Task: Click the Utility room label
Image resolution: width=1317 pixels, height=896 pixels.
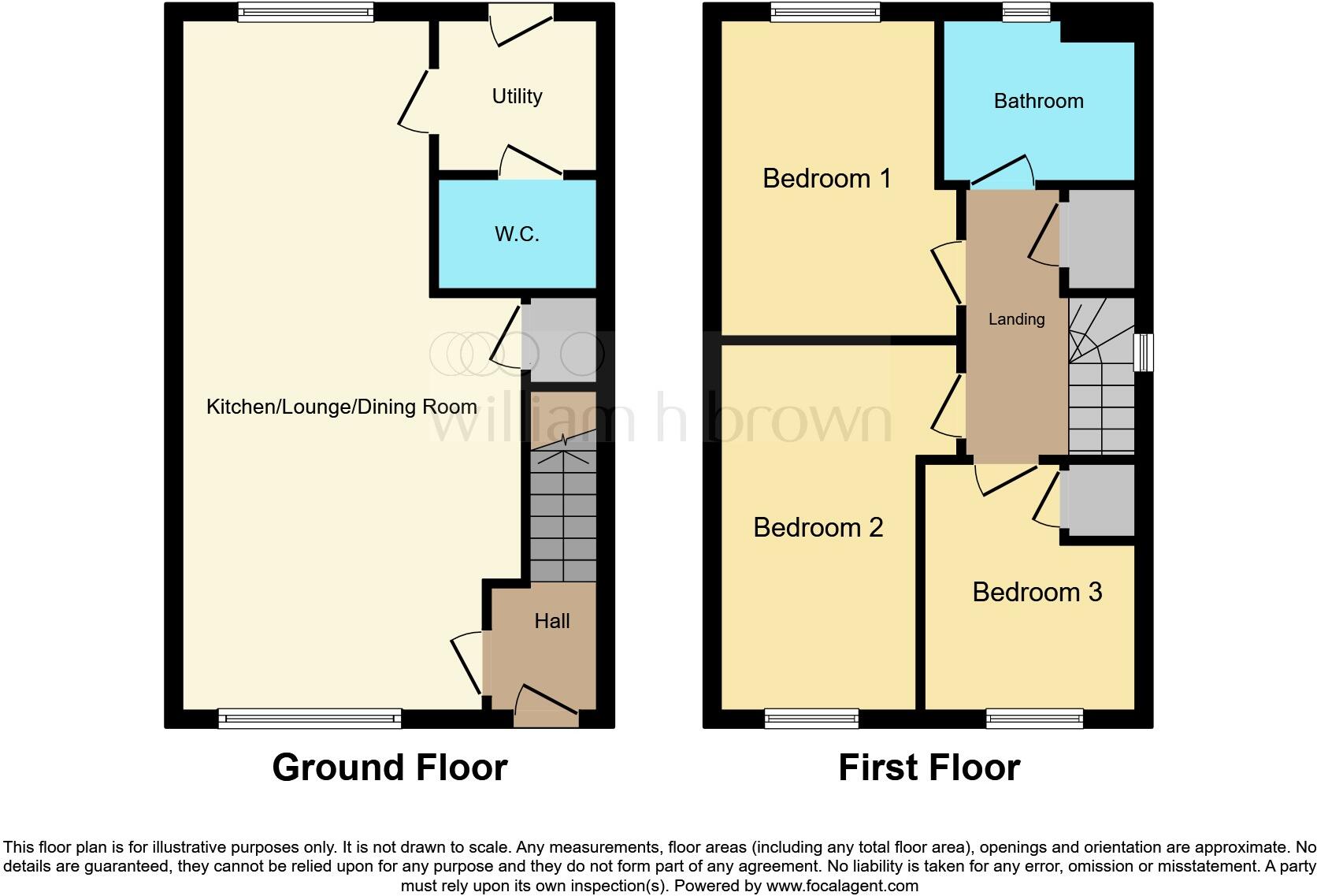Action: (517, 96)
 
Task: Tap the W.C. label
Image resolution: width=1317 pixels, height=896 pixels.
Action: (517, 234)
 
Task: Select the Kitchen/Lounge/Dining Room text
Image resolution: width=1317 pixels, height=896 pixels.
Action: (341, 407)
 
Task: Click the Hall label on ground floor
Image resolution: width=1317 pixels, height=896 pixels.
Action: (551, 621)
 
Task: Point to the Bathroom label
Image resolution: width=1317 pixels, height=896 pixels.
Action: (1038, 101)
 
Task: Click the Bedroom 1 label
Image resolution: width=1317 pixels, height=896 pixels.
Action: (826, 178)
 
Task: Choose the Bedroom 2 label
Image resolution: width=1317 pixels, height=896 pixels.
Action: (818, 527)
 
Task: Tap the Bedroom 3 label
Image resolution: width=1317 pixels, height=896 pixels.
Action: (1037, 592)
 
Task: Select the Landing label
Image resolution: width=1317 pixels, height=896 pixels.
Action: (1016, 319)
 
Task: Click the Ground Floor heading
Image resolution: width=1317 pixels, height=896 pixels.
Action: (389, 767)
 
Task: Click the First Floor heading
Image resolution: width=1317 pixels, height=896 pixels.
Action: (929, 767)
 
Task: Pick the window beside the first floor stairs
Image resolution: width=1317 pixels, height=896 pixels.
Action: (1143, 352)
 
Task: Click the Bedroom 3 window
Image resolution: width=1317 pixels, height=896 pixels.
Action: (1034, 718)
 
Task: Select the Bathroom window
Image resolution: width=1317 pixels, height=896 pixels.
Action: (1026, 11)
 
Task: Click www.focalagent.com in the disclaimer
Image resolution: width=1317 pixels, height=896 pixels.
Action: (842, 886)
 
